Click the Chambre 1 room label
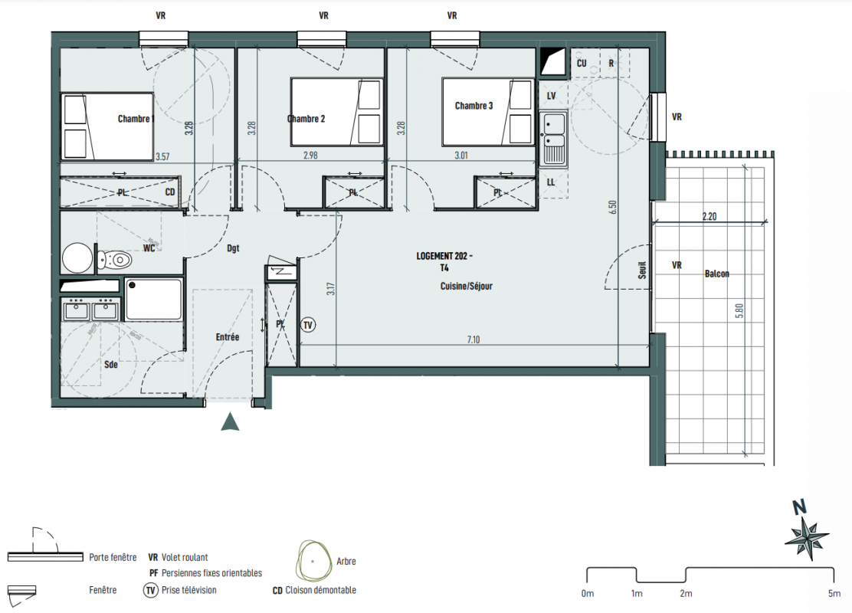point(136,119)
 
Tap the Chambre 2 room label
point(306,119)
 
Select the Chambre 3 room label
point(474,106)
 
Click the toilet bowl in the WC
point(115,261)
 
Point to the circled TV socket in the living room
point(308,325)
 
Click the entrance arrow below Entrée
point(231,421)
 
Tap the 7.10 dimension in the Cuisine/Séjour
point(474,339)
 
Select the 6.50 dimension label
point(612,207)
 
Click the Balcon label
point(716,274)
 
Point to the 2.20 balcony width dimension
point(709,216)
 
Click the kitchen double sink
point(553,139)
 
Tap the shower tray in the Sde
point(153,300)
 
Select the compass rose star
point(807,538)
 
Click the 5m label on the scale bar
point(834,593)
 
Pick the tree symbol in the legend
point(313,561)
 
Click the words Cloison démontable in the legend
point(320,590)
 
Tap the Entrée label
point(227,337)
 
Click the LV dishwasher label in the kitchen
point(551,96)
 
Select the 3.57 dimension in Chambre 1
point(162,156)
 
